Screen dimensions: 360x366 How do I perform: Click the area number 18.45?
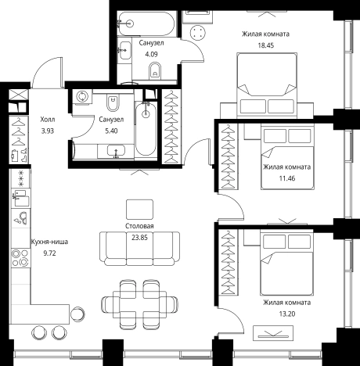266,45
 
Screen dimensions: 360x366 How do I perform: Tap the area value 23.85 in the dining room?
139,238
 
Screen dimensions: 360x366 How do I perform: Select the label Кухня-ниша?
49,242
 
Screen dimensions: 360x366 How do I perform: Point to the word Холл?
48,120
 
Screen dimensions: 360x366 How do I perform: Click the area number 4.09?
151,55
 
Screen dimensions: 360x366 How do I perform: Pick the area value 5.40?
111,131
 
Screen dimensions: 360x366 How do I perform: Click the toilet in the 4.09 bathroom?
155,71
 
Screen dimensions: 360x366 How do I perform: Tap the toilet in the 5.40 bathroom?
113,102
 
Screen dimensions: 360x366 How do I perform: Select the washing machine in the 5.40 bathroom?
82,97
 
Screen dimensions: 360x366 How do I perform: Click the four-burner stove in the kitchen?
20,257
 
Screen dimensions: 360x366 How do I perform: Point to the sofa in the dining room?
139,249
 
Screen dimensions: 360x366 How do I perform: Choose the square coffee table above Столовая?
139,210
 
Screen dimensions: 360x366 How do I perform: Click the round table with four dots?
198,33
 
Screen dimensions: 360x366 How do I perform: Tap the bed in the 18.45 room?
267,85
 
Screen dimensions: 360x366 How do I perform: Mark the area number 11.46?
287,178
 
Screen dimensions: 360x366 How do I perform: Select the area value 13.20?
287,314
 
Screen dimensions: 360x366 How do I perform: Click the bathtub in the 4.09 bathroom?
146,23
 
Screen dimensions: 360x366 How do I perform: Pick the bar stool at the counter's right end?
77,314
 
